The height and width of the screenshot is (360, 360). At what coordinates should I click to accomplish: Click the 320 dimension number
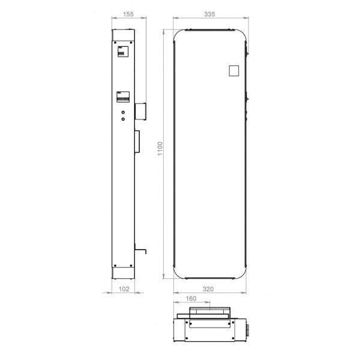[209, 289]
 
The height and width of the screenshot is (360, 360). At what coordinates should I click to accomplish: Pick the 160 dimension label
[191, 298]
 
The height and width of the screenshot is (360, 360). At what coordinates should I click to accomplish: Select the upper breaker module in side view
[122, 52]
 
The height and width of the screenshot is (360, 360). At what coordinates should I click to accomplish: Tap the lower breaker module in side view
[122, 96]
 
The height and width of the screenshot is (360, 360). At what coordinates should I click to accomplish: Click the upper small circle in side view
[123, 112]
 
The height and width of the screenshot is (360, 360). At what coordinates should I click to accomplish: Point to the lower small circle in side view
[123, 119]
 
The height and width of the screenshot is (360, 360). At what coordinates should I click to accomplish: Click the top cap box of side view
[125, 35]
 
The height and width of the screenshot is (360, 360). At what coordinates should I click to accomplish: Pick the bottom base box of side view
[125, 273]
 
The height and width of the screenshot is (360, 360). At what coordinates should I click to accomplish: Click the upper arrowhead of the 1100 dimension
[164, 30]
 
